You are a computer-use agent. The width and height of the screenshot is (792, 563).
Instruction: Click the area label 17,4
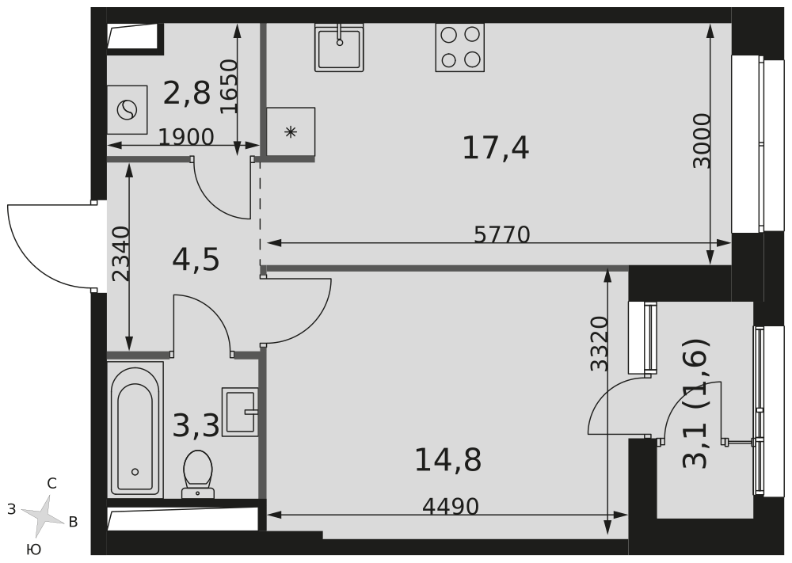[496, 147]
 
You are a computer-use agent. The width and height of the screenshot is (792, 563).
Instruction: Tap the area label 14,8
[448, 458]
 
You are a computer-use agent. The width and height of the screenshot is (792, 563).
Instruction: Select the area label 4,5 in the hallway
[195, 259]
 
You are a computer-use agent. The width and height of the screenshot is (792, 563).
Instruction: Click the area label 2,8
[187, 93]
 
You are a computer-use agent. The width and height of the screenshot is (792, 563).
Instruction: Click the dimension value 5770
[501, 234]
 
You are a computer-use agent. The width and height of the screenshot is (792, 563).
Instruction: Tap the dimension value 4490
[451, 506]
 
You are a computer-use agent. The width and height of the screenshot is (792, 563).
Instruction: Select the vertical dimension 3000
[702, 140]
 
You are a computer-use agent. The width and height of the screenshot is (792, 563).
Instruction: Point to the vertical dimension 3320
[600, 344]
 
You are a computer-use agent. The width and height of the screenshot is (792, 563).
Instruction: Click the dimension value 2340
[120, 254]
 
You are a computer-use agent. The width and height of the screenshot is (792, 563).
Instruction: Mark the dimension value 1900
[186, 137]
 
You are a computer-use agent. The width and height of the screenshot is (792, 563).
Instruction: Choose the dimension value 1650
[228, 86]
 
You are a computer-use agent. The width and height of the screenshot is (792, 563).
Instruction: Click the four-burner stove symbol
[459, 47]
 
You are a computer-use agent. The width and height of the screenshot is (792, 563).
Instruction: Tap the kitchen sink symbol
[340, 48]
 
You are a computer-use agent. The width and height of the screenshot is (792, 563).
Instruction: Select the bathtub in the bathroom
[135, 432]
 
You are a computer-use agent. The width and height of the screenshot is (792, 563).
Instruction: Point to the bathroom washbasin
[241, 412]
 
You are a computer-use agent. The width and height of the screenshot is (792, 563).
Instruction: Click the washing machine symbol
[128, 109]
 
